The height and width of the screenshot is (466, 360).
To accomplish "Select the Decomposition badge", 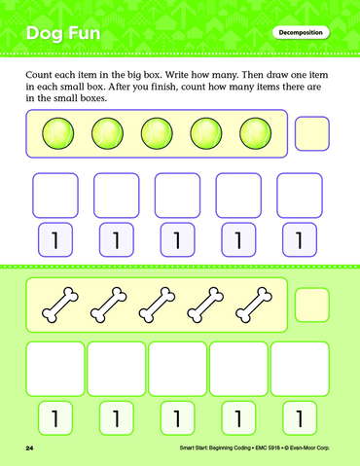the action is click(x=301, y=33).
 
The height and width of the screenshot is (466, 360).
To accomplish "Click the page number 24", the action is click(x=29, y=448).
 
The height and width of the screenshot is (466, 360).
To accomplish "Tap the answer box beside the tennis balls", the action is click(x=312, y=133).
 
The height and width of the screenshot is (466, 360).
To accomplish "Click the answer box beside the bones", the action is click(x=312, y=305).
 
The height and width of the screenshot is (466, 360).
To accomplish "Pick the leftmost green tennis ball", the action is click(x=58, y=133).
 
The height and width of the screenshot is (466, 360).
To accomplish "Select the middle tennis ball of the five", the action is click(x=157, y=133).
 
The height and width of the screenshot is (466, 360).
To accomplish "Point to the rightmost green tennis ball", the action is click(x=255, y=133).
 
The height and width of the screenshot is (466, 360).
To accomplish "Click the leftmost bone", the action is click(x=60, y=305).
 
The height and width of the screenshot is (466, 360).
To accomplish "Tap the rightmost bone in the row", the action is click(x=254, y=305).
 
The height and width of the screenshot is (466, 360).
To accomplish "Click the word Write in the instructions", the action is click(x=177, y=75).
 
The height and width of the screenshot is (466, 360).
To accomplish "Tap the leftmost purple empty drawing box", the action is click(x=55, y=196).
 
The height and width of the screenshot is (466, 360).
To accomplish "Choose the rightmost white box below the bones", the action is click(x=300, y=369).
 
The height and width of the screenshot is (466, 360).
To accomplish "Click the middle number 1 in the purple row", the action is click(x=177, y=240).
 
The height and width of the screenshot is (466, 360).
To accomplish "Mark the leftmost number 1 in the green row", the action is click(x=55, y=418).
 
